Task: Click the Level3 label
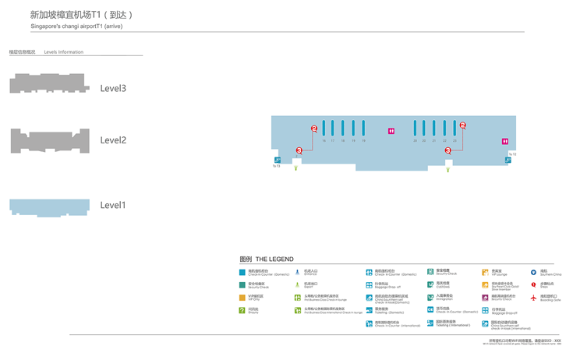[113, 88]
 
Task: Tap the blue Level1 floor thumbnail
[48, 206]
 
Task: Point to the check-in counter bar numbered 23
[455, 129]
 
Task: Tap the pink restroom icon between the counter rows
[391, 131]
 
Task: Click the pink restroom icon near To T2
[505, 141]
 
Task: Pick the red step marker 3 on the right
[448, 150]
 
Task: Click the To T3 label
[276, 165]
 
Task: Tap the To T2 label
[512, 154]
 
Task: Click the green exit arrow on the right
[447, 169]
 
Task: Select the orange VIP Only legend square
[242, 297]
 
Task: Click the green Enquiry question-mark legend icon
[242, 310]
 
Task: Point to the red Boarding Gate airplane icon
[534, 298]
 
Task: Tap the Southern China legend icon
[534, 273]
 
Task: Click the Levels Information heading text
[64, 52]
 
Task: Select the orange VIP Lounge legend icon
[485, 273]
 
